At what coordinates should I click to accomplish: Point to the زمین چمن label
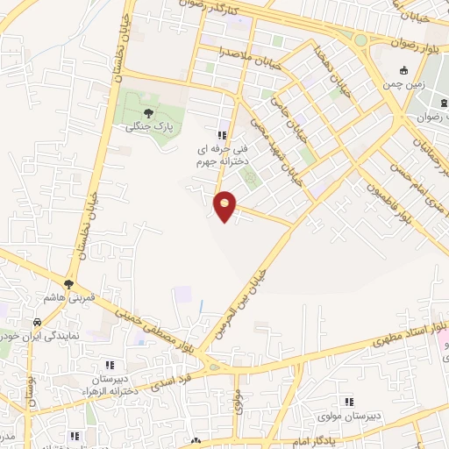[403, 85]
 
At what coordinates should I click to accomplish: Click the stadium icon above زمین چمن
[403, 71]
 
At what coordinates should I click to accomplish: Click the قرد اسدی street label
[171, 379]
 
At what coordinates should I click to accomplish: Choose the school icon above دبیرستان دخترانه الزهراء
[110, 364]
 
